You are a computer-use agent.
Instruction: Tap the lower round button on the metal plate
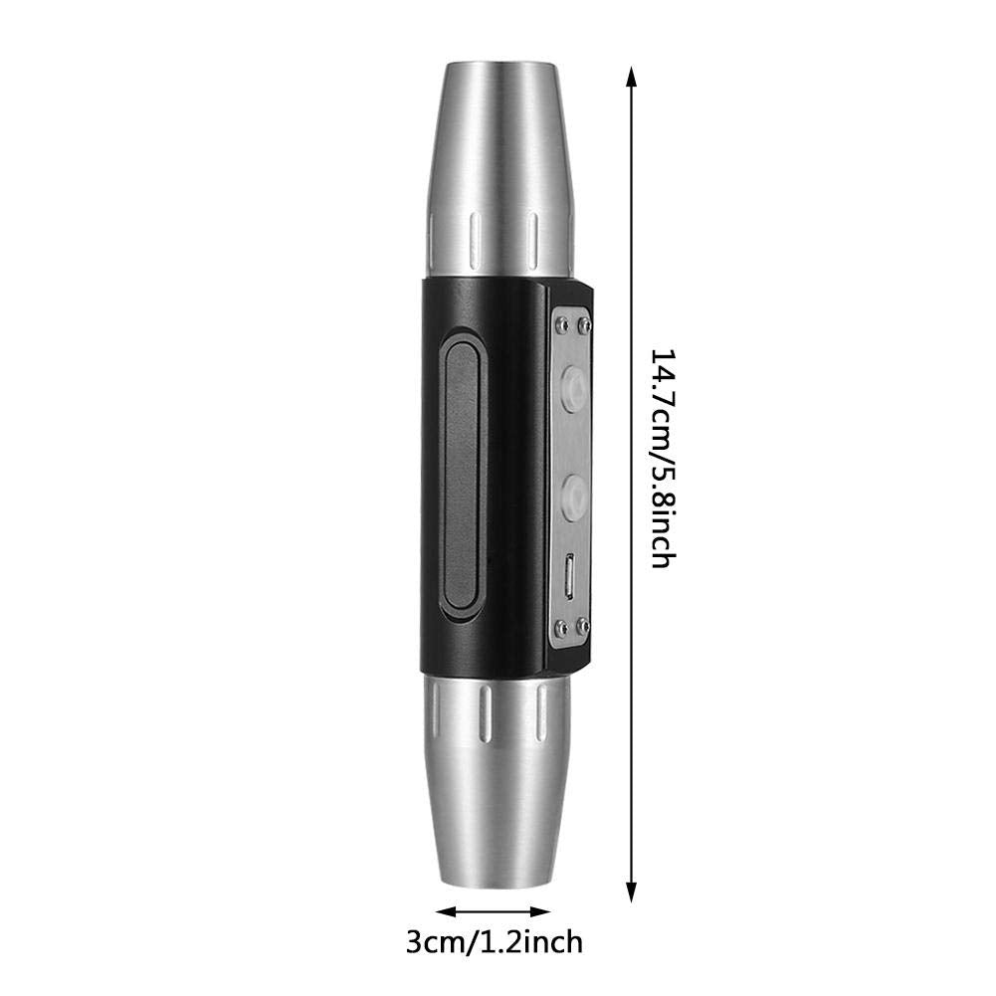click(x=575, y=493)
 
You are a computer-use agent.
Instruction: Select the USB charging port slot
click(x=571, y=577)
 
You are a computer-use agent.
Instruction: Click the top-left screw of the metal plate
click(x=561, y=325)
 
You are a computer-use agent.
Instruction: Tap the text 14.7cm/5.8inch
click(x=662, y=458)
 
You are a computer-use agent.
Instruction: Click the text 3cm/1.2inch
click(x=495, y=942)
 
